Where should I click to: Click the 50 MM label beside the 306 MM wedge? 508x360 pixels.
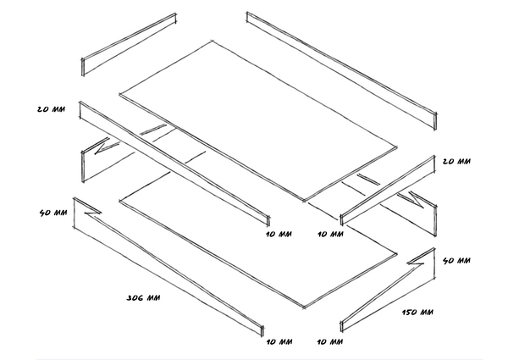(52, 212)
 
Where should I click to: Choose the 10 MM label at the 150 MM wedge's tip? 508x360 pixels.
(329, 342)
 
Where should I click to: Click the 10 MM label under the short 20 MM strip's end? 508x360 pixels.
(329, 234)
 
